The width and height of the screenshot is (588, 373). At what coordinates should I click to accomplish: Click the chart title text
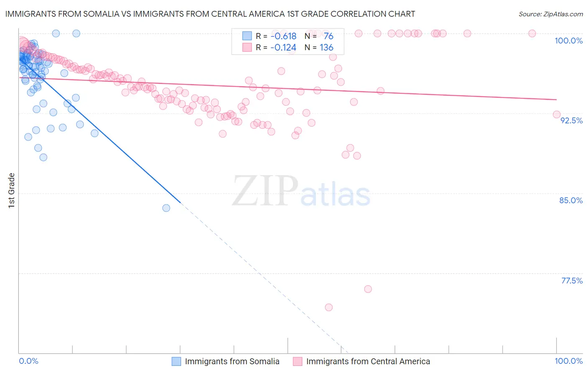(210, 14)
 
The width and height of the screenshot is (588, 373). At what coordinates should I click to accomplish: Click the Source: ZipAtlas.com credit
(550, 14)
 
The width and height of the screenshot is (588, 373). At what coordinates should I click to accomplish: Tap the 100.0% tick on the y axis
(568, 41)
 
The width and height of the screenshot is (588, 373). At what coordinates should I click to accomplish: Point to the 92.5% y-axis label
(571, 120)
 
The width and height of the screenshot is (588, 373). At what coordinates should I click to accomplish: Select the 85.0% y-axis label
(571, 200)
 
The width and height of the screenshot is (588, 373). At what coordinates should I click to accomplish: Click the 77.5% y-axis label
(572, 281)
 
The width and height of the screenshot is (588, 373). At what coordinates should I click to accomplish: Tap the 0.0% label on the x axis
(28, 361)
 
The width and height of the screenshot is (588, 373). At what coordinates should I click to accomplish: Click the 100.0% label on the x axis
(568, 361)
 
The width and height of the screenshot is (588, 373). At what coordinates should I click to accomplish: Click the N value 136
(327, 48)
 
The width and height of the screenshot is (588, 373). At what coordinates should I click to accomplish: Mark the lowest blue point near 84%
(166, 208)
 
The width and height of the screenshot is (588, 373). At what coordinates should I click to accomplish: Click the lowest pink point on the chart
(329, 307)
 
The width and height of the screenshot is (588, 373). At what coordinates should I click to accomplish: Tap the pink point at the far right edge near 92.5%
(557, 115)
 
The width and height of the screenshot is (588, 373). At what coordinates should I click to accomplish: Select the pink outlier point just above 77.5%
(368, 289)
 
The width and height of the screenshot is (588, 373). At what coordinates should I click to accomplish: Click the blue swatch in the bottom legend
(176, 361)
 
